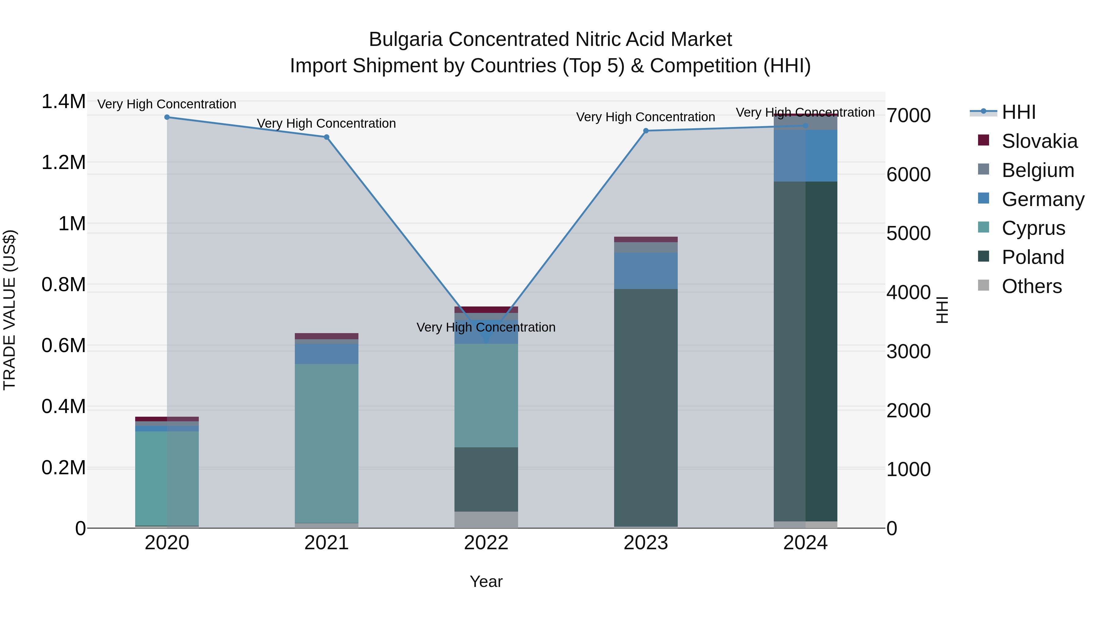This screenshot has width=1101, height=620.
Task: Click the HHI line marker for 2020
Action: (167, 117)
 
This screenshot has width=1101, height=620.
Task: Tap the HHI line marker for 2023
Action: (646, 131)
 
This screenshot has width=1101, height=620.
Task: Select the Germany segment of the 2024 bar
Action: (805, 156)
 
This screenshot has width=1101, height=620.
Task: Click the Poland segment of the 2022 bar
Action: (486, 479)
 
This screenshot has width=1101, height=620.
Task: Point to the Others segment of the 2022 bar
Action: (486, 520)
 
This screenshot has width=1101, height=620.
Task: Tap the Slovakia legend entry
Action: (1039, 141)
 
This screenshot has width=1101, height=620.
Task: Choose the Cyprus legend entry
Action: (1033, 228)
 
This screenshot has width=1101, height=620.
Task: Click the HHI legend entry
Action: (1018, 112)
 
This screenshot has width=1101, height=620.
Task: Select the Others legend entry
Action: (1031, 286)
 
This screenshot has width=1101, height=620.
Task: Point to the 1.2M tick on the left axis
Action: (63, 163)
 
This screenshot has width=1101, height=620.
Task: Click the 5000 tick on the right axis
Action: (908, 234)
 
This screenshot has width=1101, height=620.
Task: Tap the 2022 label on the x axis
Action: (486, 543)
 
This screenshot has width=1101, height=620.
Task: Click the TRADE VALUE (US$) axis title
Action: (9, 310)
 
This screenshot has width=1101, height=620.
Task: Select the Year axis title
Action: (486, 581)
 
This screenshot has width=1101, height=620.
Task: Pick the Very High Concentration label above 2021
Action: (327, 123)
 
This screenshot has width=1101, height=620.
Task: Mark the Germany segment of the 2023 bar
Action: (646, 271)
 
